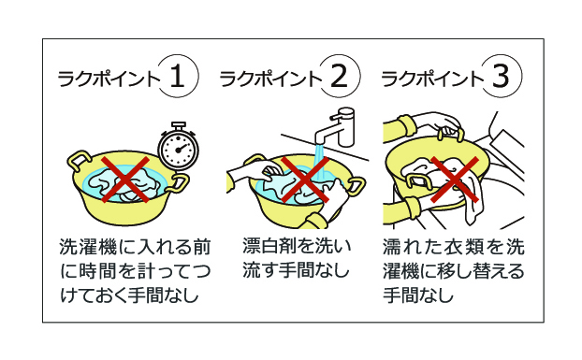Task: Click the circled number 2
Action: (340, 76)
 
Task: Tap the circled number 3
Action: (502, 76)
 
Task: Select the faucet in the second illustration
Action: (336, 128)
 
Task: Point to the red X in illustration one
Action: (125, 180)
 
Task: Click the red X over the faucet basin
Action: (305, 180)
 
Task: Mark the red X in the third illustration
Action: (455, 180)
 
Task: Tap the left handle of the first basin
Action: (79, 160)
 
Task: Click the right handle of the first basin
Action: (178, 183)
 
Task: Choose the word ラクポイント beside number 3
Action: (432, 79)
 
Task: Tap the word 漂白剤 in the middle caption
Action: (269, 246)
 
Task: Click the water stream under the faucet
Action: (320, 162)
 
